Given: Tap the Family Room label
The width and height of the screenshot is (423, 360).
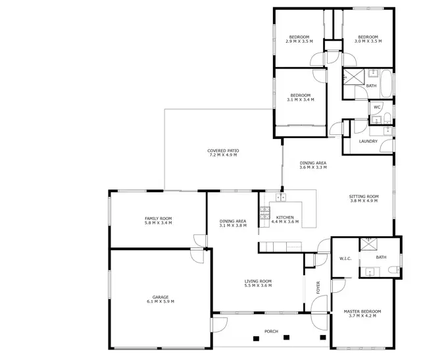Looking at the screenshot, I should pos(158,219).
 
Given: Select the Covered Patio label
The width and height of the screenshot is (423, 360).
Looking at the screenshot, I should pos(224,151).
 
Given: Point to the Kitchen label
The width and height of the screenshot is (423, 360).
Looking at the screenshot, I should pos(285,217).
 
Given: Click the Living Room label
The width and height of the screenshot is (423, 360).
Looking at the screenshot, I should pos(258,281).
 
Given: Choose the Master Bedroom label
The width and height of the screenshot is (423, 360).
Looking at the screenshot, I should pos(362,311).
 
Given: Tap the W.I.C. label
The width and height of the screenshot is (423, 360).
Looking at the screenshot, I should pos(346,259).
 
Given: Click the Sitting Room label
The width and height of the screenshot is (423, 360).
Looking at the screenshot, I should pos(364,197).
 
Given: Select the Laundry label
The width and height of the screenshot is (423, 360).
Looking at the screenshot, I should pos(368,141).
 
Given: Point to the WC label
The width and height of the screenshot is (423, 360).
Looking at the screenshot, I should pos(377,107).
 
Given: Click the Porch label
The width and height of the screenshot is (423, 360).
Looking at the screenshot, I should pos(270,331).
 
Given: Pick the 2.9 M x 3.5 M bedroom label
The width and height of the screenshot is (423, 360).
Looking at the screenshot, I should pos(299,37).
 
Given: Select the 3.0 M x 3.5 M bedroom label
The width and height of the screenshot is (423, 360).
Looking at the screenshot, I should pos(368,37).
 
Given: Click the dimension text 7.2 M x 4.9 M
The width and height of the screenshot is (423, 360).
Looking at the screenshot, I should pos(224,155).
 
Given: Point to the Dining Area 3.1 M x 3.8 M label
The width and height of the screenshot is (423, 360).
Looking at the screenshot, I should pos(233,221).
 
